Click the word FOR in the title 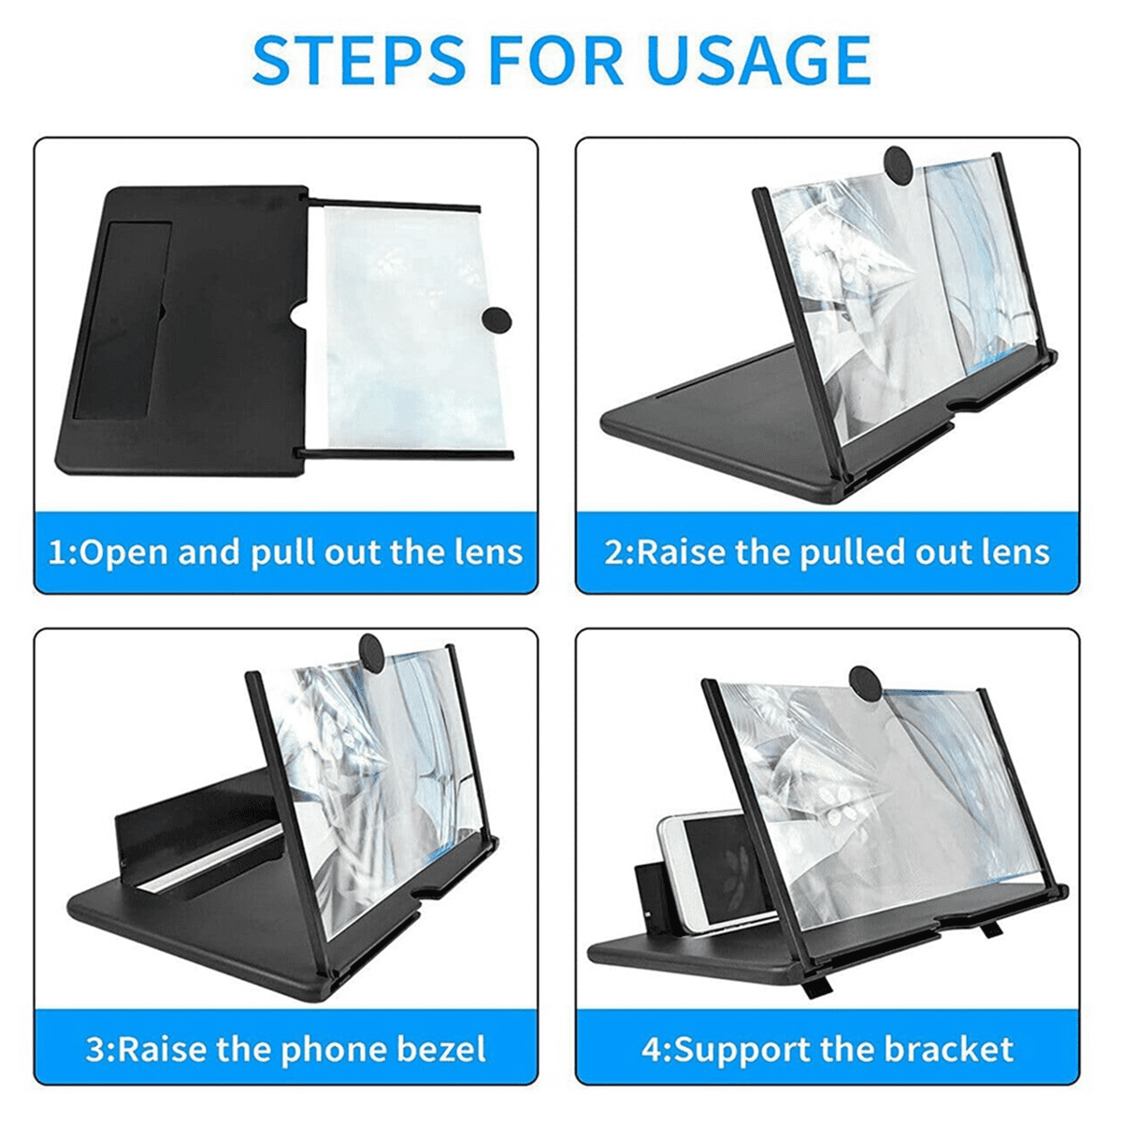pos(556,61)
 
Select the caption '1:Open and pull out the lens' pos(285,553)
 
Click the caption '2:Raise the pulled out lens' pos(827,553)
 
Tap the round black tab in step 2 pos(900,166)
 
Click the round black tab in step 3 pos(374,652)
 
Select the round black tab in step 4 pos(867,684)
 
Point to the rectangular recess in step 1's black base pos(123,319)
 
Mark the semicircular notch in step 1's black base pos(298,319)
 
